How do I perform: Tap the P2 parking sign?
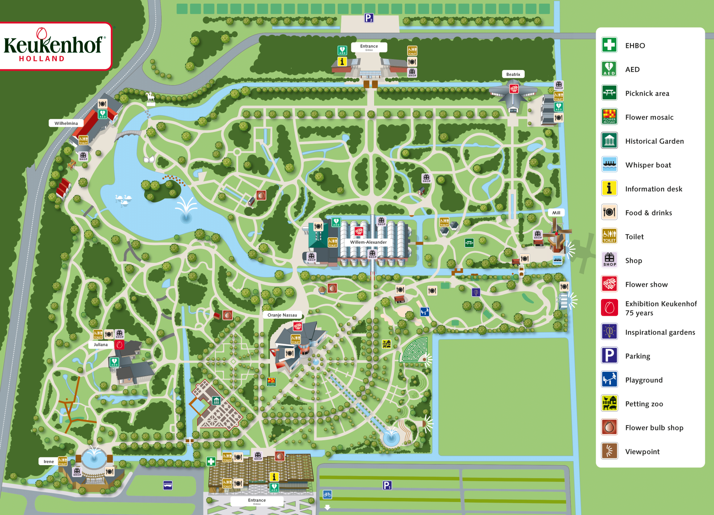click(x=369, y=18)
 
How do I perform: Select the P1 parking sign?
click(x=387, y=485)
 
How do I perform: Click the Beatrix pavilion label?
click(x=513, y=74)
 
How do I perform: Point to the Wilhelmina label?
click(x=66, y=123)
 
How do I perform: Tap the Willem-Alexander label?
click(x=368, y=242)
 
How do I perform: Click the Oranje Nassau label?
click(x=282, y=315)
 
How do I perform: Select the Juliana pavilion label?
click(x=101, y=344)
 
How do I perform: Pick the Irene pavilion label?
click(x=49, y=461)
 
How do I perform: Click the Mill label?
click(x=556, y=213)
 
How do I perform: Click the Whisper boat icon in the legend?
click(x=609, y=165)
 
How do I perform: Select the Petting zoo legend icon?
click(x=609, y=403)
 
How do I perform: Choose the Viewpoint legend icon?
click(x=609, y=451)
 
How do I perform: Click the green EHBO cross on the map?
click(x=211, y=461)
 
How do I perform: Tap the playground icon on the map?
click(x=425, y=312)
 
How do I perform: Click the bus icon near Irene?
click(x=168, y=485)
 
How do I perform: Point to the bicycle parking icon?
click(x=327, y=494)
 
